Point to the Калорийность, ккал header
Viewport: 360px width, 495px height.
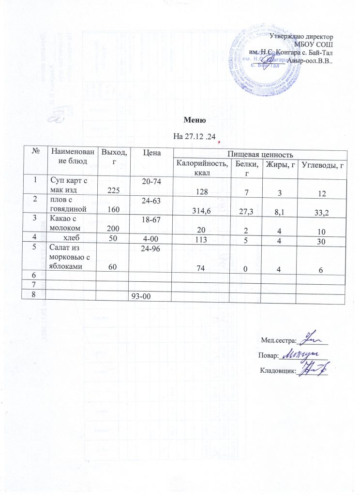pos(201,167)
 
